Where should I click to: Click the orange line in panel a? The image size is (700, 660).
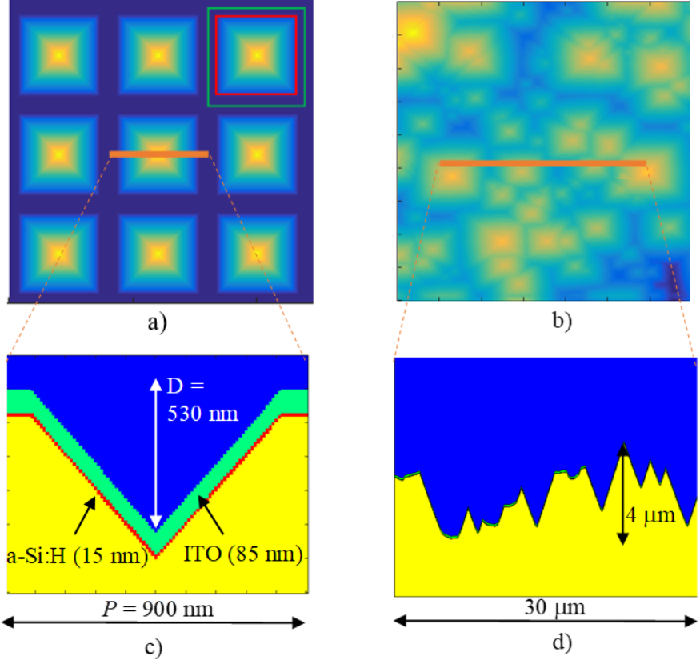point(158,154)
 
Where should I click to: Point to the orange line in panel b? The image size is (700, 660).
point(542,163)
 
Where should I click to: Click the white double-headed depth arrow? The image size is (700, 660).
point(156,453)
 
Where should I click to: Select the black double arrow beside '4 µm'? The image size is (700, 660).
point(622,494)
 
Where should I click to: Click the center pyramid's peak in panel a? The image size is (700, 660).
point(158,154)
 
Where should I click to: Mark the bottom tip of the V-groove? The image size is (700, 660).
point(156,554)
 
